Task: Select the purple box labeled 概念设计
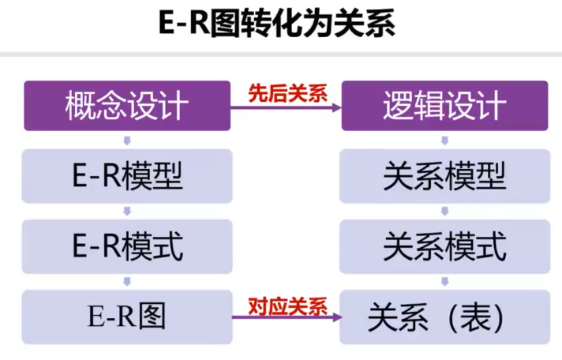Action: (x=127, y=106)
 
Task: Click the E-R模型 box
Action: (x=127, y=176)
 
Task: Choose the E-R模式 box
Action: (x=127, y=246)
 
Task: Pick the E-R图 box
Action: (x=127, y=317)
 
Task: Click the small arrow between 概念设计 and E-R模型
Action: (x=127, y=141)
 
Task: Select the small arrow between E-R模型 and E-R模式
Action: (x=127, y=211)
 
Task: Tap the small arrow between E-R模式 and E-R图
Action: (x=127, y=281)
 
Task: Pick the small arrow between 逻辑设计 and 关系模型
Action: (x=444, y=141)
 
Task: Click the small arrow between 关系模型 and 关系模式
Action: (x=444, y=211)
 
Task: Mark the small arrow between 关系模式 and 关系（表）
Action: (x=444, y=281)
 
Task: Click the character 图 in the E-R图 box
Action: (x=152, y=317)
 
